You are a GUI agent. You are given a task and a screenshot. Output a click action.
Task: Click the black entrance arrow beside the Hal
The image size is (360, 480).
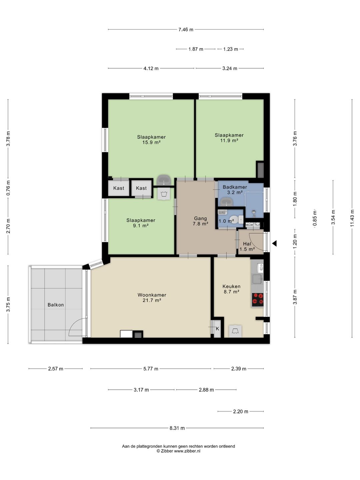click(275, 243)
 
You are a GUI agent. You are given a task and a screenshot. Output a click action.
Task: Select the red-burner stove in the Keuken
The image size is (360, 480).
click(258, 300)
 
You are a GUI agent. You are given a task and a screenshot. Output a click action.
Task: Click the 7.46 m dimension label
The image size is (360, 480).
click(186, 30)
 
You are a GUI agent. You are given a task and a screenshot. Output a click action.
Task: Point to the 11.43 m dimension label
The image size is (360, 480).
click(352, 218)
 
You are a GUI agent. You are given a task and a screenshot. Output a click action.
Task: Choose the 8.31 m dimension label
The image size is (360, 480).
click(177, 428)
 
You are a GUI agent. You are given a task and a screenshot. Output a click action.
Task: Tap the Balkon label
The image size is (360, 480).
click(56, 305)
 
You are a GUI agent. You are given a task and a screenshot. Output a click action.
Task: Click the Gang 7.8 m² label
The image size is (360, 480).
click(200, 221)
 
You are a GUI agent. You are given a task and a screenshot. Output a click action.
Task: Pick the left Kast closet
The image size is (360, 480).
click(119, 188)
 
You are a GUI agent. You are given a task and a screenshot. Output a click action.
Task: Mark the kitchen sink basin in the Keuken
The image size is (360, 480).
click(258, 279)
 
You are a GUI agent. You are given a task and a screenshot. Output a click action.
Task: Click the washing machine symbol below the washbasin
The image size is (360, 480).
click(164, 194)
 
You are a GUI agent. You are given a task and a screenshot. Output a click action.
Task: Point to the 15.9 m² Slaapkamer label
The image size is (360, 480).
click(151, 140)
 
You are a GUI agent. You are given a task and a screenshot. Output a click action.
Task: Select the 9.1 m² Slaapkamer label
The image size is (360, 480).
click(141, 223)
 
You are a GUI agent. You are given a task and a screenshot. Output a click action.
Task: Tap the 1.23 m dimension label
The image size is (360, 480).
click(231, 49)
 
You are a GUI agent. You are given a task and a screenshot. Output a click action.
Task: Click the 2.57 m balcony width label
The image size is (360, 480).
click(56, 369)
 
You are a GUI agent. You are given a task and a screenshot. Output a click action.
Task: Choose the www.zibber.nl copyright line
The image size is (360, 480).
click(178, 451)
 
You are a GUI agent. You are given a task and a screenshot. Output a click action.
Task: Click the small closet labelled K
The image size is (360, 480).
click(217, 329)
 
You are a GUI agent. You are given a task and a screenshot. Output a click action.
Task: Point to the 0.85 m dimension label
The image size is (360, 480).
click(315, 218)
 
